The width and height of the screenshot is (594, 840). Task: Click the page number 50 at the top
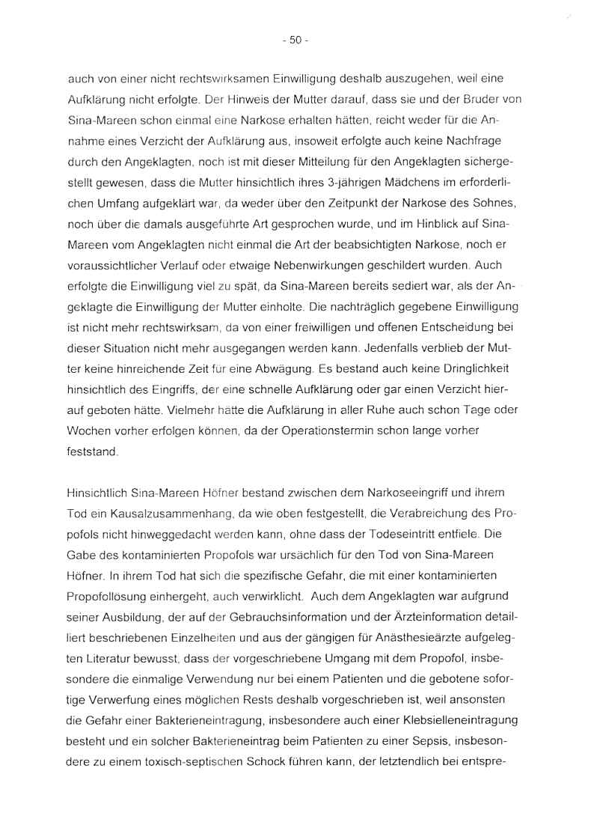coord(296,42)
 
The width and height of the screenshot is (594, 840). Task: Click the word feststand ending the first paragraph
coord(91,451)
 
